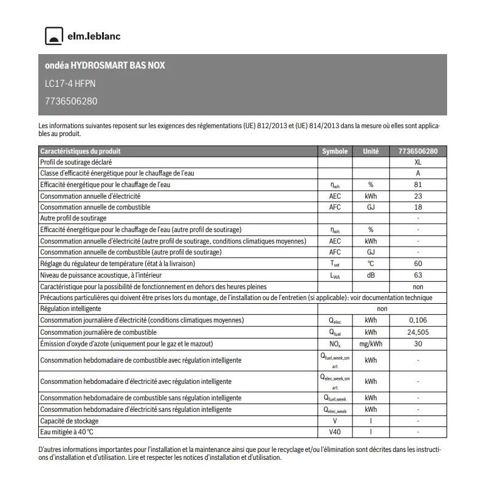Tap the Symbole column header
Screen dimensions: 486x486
point(335,151)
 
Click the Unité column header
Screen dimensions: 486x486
point(371,151)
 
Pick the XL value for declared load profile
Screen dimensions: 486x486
point(417,163)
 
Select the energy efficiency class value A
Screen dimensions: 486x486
point(417,174)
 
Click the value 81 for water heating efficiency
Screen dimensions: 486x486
point(417,185)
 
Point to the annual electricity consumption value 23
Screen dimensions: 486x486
point(417,196)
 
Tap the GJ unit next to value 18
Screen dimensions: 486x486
point(371,207)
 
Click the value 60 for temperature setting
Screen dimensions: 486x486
point(417,264)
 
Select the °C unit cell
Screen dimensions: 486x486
point(371,264)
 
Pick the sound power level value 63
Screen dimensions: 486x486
point(417,275)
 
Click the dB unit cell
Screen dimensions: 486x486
point(371,275)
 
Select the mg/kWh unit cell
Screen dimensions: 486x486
point(371,344)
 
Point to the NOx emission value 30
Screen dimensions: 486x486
point(417,344)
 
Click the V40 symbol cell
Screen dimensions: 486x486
point(335,432)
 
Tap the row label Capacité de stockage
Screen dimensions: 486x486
point(69,421)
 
